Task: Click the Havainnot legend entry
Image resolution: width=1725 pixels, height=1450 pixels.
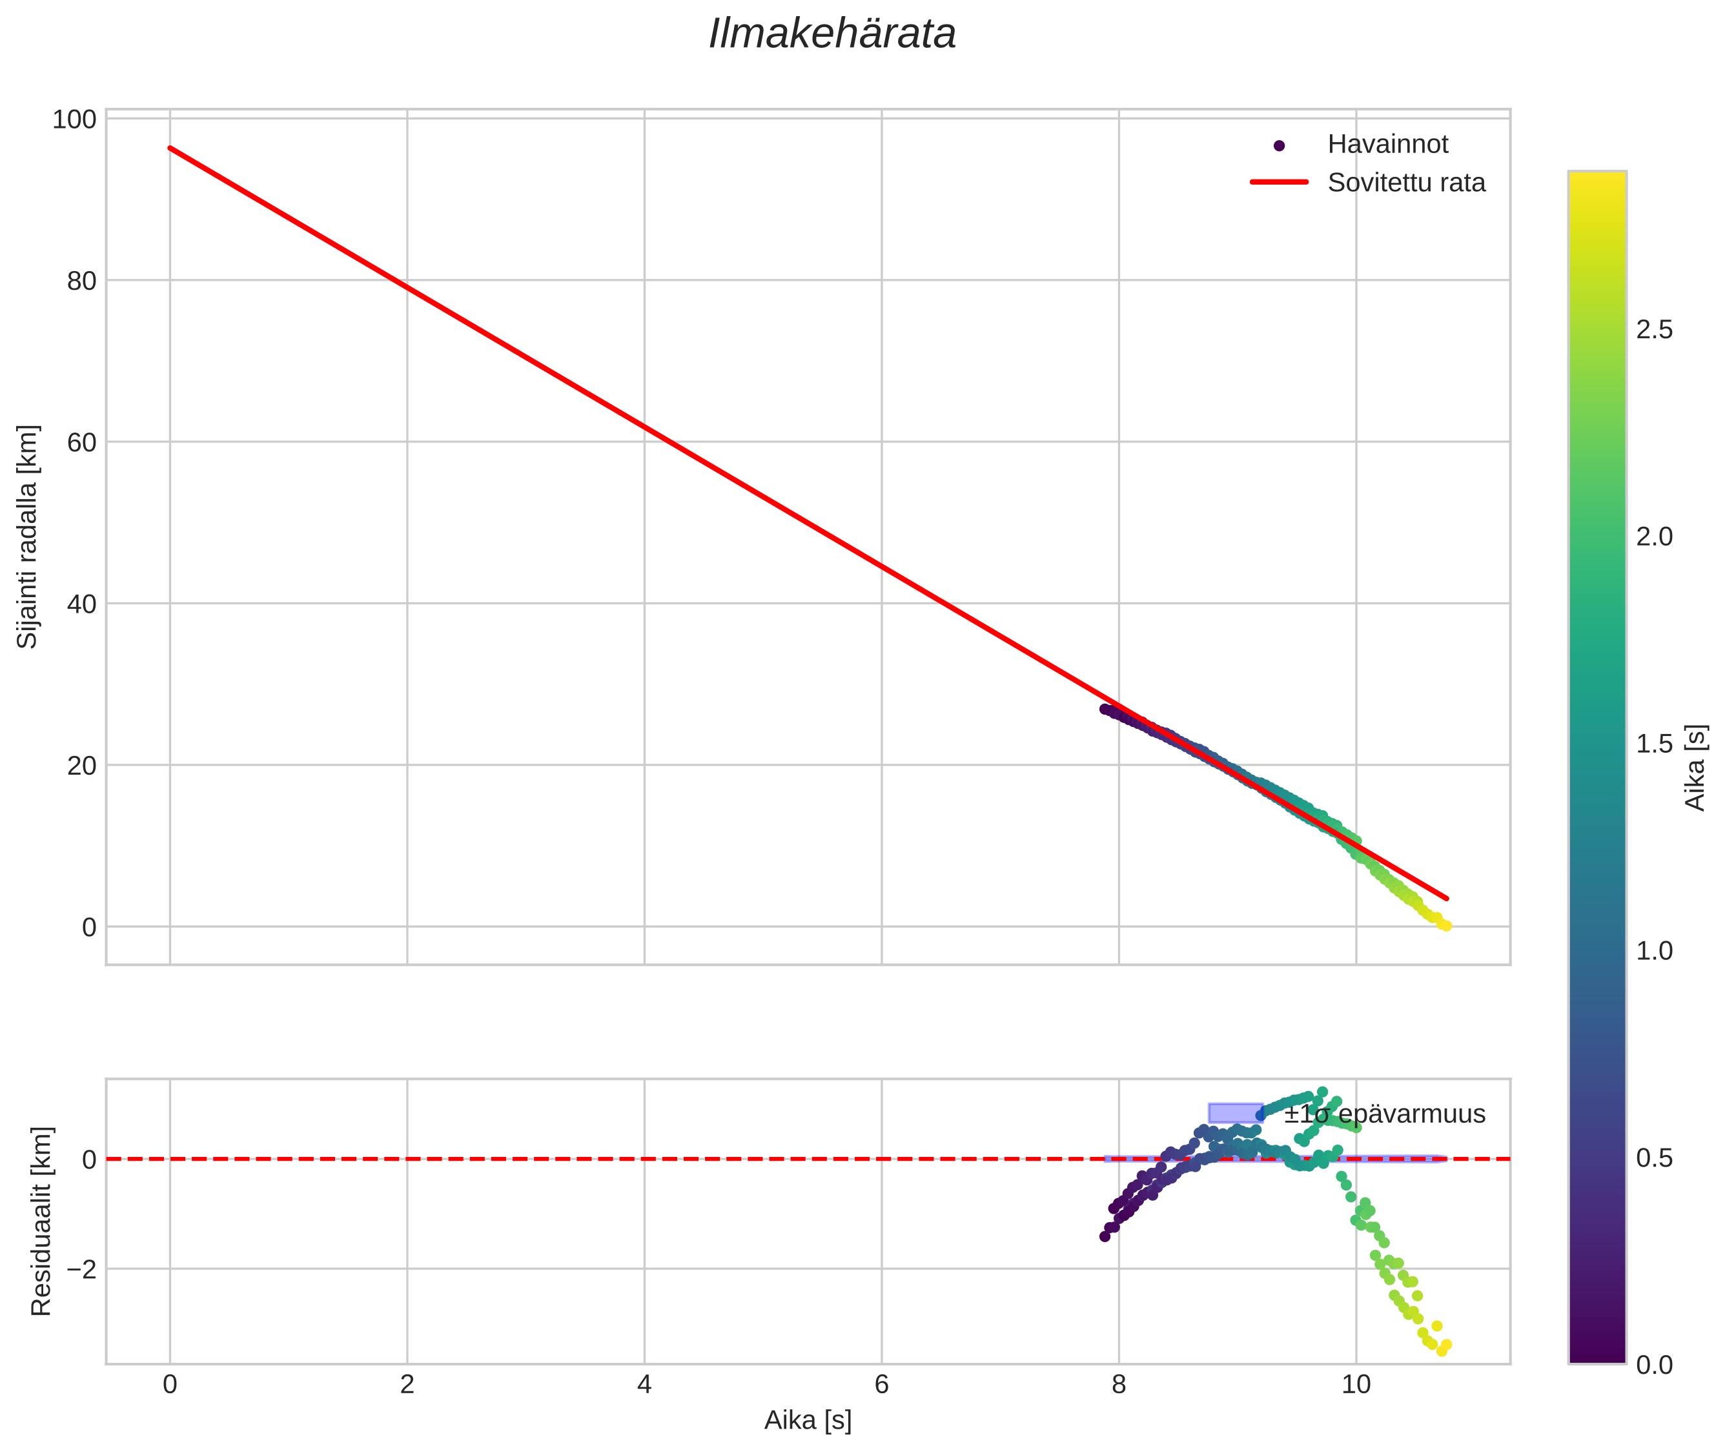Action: pyautogui.click(x=1387, y=145)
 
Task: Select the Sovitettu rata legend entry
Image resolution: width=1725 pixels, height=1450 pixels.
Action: pyautogui.click(x=1405, y=183)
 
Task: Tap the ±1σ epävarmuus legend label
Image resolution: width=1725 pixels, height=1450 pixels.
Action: pyautogui.click(x=1385, y=1115)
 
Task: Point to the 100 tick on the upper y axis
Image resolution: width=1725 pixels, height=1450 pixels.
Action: pyautogui.click(x=74, y=120)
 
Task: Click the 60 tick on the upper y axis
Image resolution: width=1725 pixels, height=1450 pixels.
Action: pyautogui.click(x=81, y=442)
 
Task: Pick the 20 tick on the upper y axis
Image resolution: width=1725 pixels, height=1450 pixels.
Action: pyautogui.click(x=81, y=765)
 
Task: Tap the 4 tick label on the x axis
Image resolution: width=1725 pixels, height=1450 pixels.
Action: pyautogui.click(x=644, y=1385)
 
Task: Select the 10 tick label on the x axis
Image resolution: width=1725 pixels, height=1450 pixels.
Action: pyautogui.click(x=1356, y=1385)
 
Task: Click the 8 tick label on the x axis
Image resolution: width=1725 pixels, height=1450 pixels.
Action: pyautogui.click(x=1119, y=1385)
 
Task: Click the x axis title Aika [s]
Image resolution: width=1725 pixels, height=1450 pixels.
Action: pyautogui.click(x=808, y=1420)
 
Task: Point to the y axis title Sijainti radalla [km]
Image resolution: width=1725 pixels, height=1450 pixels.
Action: pyautogui.click(x=28, y=536)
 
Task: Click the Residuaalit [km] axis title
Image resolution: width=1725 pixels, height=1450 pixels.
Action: pyautogui.click(x=41, y=1221)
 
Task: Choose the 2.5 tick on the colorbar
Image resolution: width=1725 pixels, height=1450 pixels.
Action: pyautogui.click(x=1653, y=330)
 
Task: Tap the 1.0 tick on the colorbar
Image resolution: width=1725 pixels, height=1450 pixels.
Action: pyautogui.click(x=1653, y=951)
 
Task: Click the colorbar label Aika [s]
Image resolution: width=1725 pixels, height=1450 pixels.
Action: pyautogui.click(x=1695, y=767)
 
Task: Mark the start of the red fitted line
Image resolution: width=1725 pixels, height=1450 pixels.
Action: pyautogui.click(x=170, y=148)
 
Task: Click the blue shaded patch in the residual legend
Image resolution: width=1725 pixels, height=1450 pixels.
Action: pyautogui.click(x=1235, y=1113)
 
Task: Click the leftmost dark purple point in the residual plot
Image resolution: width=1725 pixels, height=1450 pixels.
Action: pyautogui.click(x=1105, y=1236)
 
